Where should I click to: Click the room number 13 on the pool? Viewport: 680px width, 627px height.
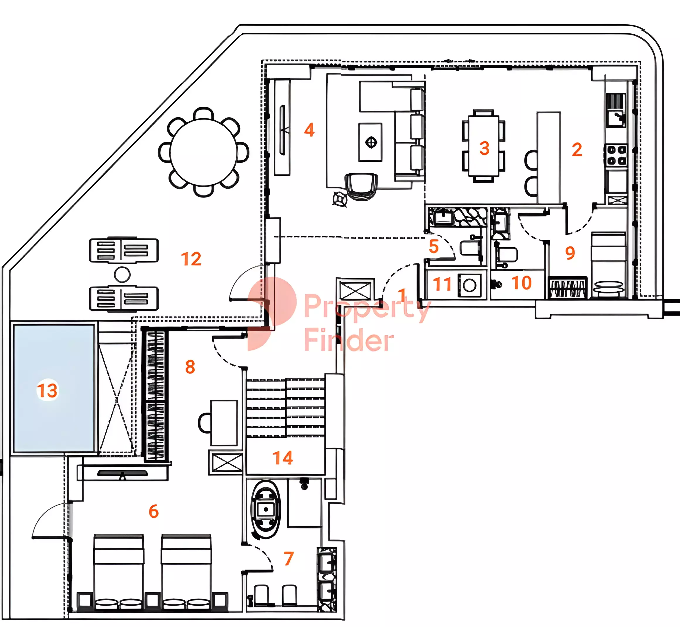[47, 390]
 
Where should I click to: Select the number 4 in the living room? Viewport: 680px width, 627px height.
[309, 130]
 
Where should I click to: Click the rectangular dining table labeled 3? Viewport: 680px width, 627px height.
[484, 146]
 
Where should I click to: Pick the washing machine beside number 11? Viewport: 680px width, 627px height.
[469, 285]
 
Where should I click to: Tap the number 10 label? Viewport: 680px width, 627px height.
[522, 283]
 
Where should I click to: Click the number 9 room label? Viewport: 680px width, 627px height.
[570, 253]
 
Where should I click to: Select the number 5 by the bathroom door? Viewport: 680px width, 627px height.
[433, 246]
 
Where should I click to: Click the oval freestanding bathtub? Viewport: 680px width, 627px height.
[266, 509]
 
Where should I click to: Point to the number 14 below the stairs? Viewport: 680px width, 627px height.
[283, 458]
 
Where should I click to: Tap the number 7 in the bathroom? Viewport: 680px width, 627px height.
[289, 558]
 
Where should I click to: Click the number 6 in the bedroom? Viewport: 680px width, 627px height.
[154, 511]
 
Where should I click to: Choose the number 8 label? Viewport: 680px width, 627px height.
[190, 367]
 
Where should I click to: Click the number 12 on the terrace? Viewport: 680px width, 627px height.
[191, 259]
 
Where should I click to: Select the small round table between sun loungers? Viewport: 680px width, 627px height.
[122, 275]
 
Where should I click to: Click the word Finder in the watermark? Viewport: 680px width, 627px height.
[349, 340]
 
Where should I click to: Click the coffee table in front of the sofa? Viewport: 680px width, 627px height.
[370, 142]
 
